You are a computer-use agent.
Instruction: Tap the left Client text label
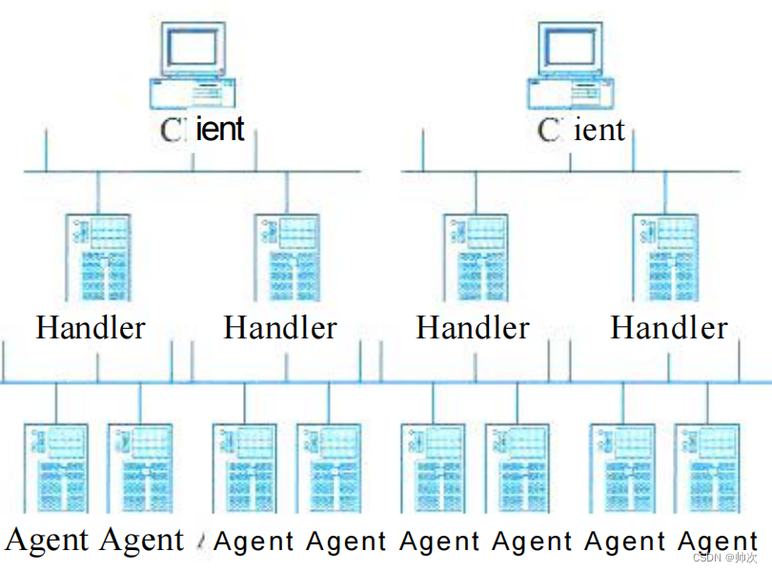point(202,129)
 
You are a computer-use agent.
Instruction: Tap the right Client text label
point(580,130)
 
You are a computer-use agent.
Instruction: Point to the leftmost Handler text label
point(91,328)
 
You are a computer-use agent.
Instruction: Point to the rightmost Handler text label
point(668,328)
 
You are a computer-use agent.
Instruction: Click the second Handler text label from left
point(280,328)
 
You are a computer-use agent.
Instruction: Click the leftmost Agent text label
point(48,541)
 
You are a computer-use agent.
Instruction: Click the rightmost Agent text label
point(718,541)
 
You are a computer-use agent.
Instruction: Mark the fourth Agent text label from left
point(346,541)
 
